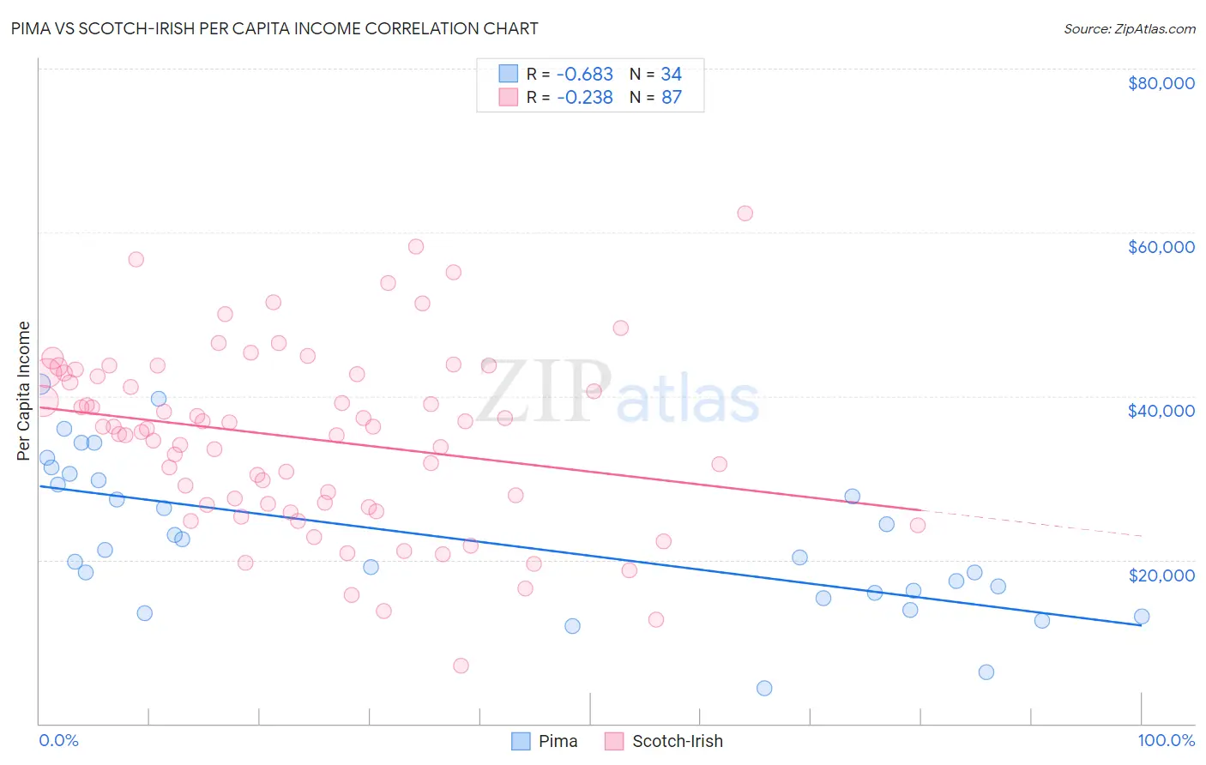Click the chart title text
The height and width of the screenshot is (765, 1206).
click(274, 28)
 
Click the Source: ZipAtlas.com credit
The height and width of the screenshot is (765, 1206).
click(1129, 28)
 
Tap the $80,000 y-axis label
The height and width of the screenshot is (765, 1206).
click(1161, 83)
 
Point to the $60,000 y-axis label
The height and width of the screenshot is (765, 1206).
click(1161, 247)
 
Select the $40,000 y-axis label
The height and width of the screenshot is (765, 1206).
click(1161, 411)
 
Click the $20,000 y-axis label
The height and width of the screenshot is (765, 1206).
click(1161, 575)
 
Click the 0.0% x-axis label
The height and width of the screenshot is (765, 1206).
click(58, 740)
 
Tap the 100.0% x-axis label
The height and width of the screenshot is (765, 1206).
click(1166, 740)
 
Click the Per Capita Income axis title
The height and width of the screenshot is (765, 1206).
click(24, 390)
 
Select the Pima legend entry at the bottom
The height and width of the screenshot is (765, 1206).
click(545, 741)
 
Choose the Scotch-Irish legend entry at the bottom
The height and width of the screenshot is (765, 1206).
click(664, 741)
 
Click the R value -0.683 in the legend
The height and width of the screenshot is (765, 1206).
click(585, 75)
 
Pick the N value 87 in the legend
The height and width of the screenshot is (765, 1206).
click(672, 98)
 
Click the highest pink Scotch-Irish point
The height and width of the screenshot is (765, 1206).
click(745, 214)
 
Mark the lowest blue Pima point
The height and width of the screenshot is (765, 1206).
click(764, 688)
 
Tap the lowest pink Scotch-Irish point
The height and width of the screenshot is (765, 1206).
click(461, 666)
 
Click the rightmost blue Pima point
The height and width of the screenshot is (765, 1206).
click(1142, 616)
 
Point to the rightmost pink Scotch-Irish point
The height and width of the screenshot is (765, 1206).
click(918, 525)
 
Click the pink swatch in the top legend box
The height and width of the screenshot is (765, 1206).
click(509, 98)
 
